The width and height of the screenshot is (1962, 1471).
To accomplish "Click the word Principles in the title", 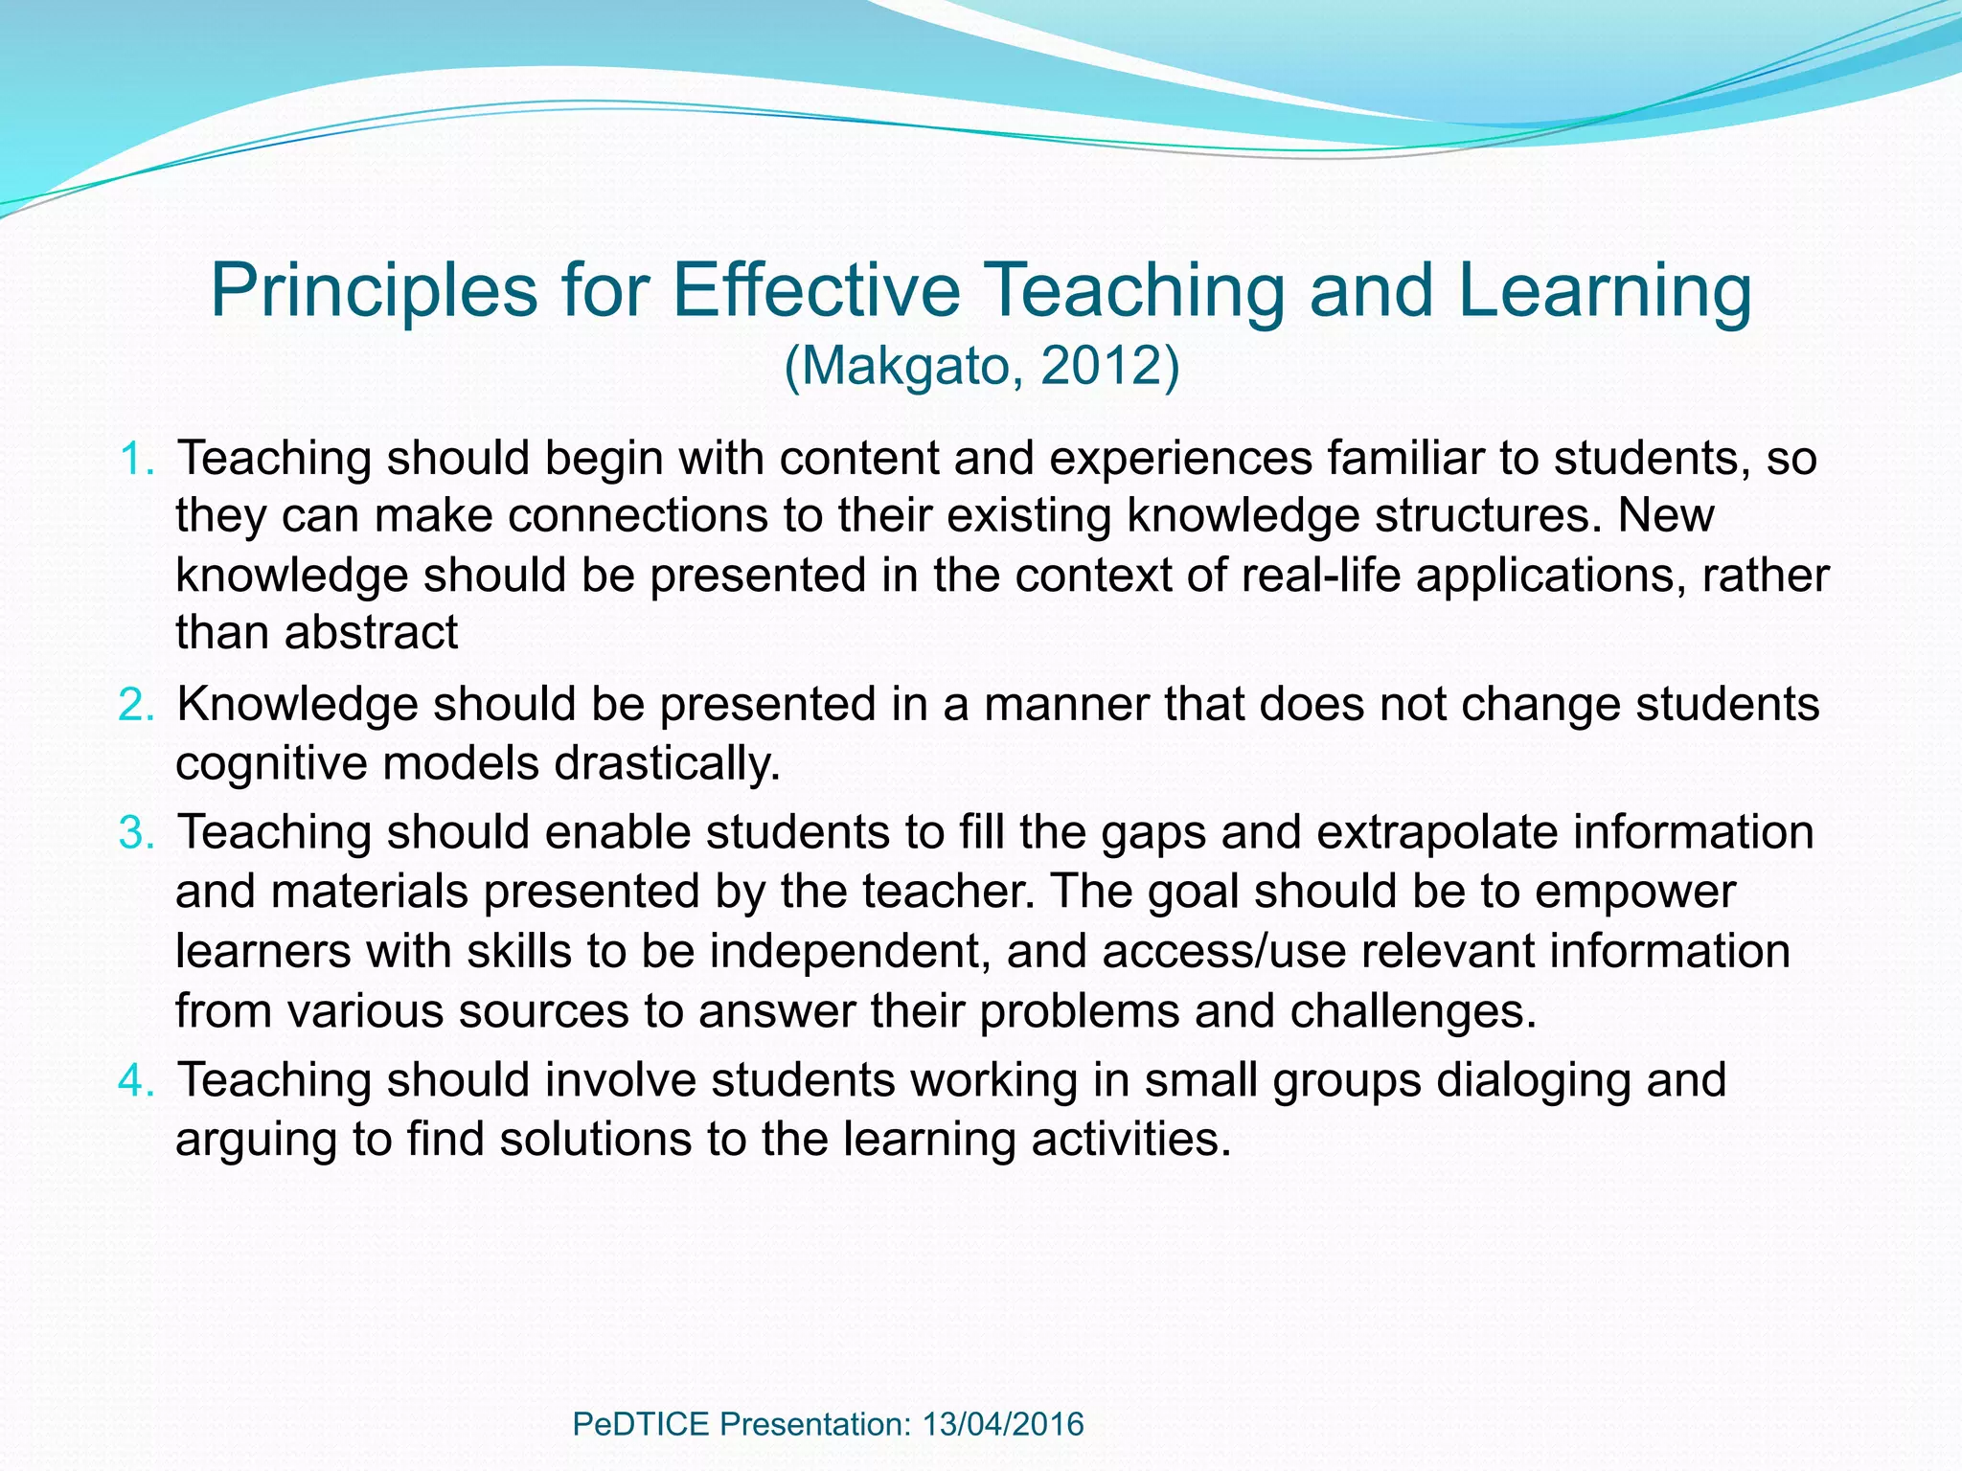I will coord(374,291).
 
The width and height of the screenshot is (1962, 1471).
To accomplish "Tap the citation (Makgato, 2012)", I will coord(981,366).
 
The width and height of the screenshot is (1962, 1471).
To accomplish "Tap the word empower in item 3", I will coord(1634,892).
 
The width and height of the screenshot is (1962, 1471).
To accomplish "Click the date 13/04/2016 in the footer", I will coord(1003,1424).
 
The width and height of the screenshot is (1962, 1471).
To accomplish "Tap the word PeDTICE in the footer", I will coord(641,1424).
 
